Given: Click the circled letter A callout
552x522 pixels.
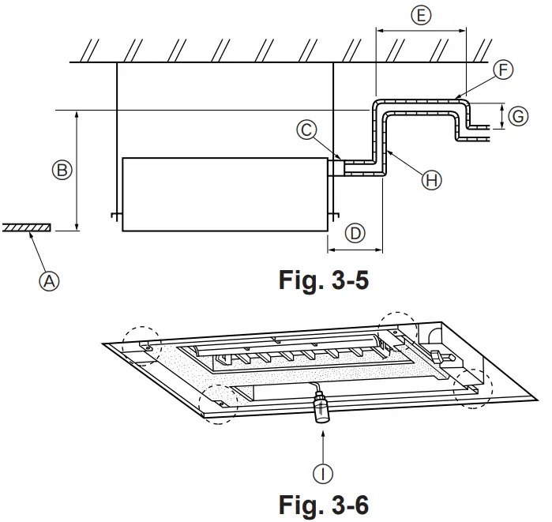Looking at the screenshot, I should [x=51, y=280].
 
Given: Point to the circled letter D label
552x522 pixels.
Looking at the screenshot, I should [x=355, y=233].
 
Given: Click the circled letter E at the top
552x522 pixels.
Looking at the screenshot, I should [x=422, y=15].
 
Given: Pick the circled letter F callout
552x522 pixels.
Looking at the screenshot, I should [x=503, y=70].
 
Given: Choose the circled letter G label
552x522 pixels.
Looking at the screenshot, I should [x=517, y=116].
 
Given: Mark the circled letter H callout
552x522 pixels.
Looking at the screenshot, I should [x=431, y=181].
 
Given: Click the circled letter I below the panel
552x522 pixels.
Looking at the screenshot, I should [x=323, y=473].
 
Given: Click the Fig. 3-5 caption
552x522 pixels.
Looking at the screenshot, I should [x=323, y=280].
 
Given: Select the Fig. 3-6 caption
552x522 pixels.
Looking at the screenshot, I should [x=323, y=504].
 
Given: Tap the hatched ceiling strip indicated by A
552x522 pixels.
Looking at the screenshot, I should [x=27, y=227].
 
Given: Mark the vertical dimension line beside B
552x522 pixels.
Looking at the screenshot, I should [x=77, y=170].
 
